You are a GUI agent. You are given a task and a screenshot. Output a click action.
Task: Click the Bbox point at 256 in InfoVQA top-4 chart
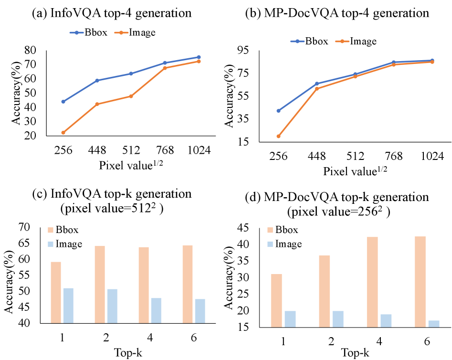point(63,102)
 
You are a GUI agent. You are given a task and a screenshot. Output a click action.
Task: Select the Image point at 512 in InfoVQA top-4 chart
point(131,96)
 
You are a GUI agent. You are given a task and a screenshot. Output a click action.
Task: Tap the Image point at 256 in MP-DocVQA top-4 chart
point(278,136)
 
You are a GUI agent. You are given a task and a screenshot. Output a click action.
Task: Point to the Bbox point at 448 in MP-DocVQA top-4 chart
point(317,84)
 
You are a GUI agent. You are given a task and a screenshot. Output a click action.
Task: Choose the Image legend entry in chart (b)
point(358,41)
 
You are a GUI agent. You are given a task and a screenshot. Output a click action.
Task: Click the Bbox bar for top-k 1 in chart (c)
point(55,292)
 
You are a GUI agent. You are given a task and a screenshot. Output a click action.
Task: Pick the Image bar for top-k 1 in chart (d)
point(290,319)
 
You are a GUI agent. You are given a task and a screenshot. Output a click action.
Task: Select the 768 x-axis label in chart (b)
point(394,157)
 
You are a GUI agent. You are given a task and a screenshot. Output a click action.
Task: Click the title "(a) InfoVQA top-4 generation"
point(112,13)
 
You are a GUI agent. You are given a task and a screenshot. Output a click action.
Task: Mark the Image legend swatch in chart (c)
point(52,244)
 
